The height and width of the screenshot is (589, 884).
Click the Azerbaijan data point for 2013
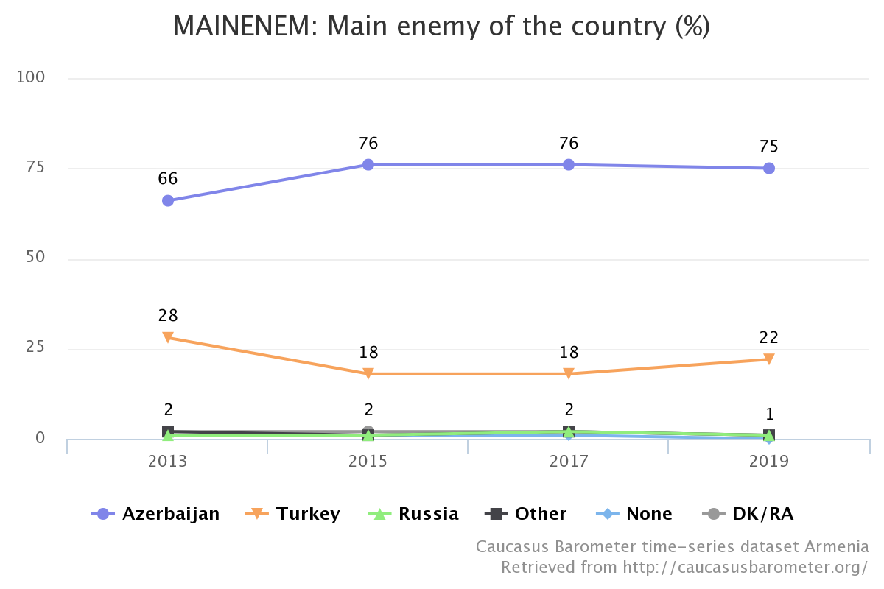point(168,200)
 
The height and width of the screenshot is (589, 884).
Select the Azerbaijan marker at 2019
point(769,169)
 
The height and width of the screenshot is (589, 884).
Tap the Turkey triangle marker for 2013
point(168,337)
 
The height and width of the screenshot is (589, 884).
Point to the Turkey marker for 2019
point(769,359)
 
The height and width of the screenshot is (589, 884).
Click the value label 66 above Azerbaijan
point(168,179)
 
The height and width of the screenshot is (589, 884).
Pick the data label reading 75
point(769,147)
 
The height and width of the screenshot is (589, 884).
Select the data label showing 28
point(168,316)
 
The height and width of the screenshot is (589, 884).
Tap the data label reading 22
point(769,338)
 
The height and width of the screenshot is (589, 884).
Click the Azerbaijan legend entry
point(155,514)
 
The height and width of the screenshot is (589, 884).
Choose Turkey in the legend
point(292,514)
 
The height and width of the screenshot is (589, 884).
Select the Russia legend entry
point(413,514)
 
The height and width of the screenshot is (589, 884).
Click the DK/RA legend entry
point(748,514)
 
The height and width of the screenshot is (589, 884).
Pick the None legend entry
point(634,514)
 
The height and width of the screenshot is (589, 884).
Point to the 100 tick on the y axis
point(30,77)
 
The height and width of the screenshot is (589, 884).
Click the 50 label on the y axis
point(35,257)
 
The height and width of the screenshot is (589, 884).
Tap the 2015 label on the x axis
point(368,461)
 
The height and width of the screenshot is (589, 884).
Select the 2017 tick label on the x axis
point(569,461)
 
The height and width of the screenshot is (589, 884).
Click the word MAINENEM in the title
point(245,26)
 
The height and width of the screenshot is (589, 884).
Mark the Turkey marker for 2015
point(368,373)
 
